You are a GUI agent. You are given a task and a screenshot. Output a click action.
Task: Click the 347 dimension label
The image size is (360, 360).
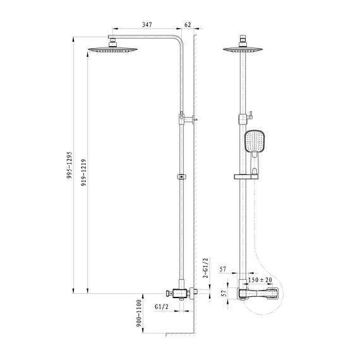point(147,25)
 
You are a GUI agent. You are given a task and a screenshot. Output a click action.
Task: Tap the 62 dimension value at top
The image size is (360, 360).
point(188,25)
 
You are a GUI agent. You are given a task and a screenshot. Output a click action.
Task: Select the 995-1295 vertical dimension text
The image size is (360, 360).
point(69,165)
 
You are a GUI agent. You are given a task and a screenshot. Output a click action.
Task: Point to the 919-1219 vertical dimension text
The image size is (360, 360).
point(84,172)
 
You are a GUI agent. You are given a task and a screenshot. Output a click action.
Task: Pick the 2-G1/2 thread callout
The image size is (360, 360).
point(205,268)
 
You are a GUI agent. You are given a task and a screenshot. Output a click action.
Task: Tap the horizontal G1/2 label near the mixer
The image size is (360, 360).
point(162,306)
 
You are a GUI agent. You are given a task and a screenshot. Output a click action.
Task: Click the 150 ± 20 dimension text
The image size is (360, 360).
point(260,280)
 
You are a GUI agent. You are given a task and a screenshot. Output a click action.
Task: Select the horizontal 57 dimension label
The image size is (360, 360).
point(223,269)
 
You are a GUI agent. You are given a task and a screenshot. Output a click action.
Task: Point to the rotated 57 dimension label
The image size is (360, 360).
point(224,293)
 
